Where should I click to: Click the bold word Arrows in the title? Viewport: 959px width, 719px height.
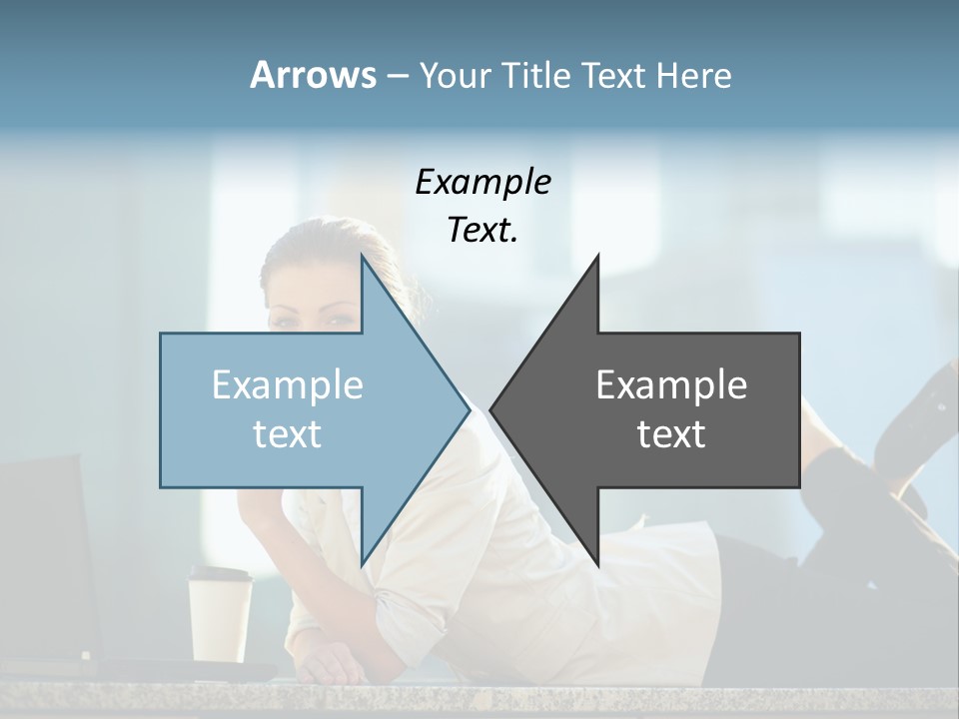pyautogui.click(x=314, y=75)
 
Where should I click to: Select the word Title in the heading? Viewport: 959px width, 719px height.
pyautogui.click(x=539, y=75)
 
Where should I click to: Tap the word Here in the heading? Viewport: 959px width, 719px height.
pyautogui.click(x=694, y=75)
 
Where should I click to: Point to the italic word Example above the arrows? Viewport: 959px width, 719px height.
pyautogui.click(x=482, y=182)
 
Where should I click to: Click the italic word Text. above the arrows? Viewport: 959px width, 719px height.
pyautogui.click(x=482, y=231)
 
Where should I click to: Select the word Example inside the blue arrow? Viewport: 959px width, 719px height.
pyautogui.click(x=288, y=384)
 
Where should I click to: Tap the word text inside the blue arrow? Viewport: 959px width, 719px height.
pyautogui.click(x=288, y=433)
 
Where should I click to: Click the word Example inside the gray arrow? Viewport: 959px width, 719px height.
pyautogui.click(x=671, y=384)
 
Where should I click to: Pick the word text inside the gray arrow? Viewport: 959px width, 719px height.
pyautogui.click(x=671, y=433)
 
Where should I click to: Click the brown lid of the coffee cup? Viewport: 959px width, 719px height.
pyautogui.click(x=221, y=575)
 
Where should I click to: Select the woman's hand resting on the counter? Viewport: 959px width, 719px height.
pyautogui.click(x=330, y=664)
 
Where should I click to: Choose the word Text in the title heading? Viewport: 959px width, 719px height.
pyautogui.click(x=612, y=75)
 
